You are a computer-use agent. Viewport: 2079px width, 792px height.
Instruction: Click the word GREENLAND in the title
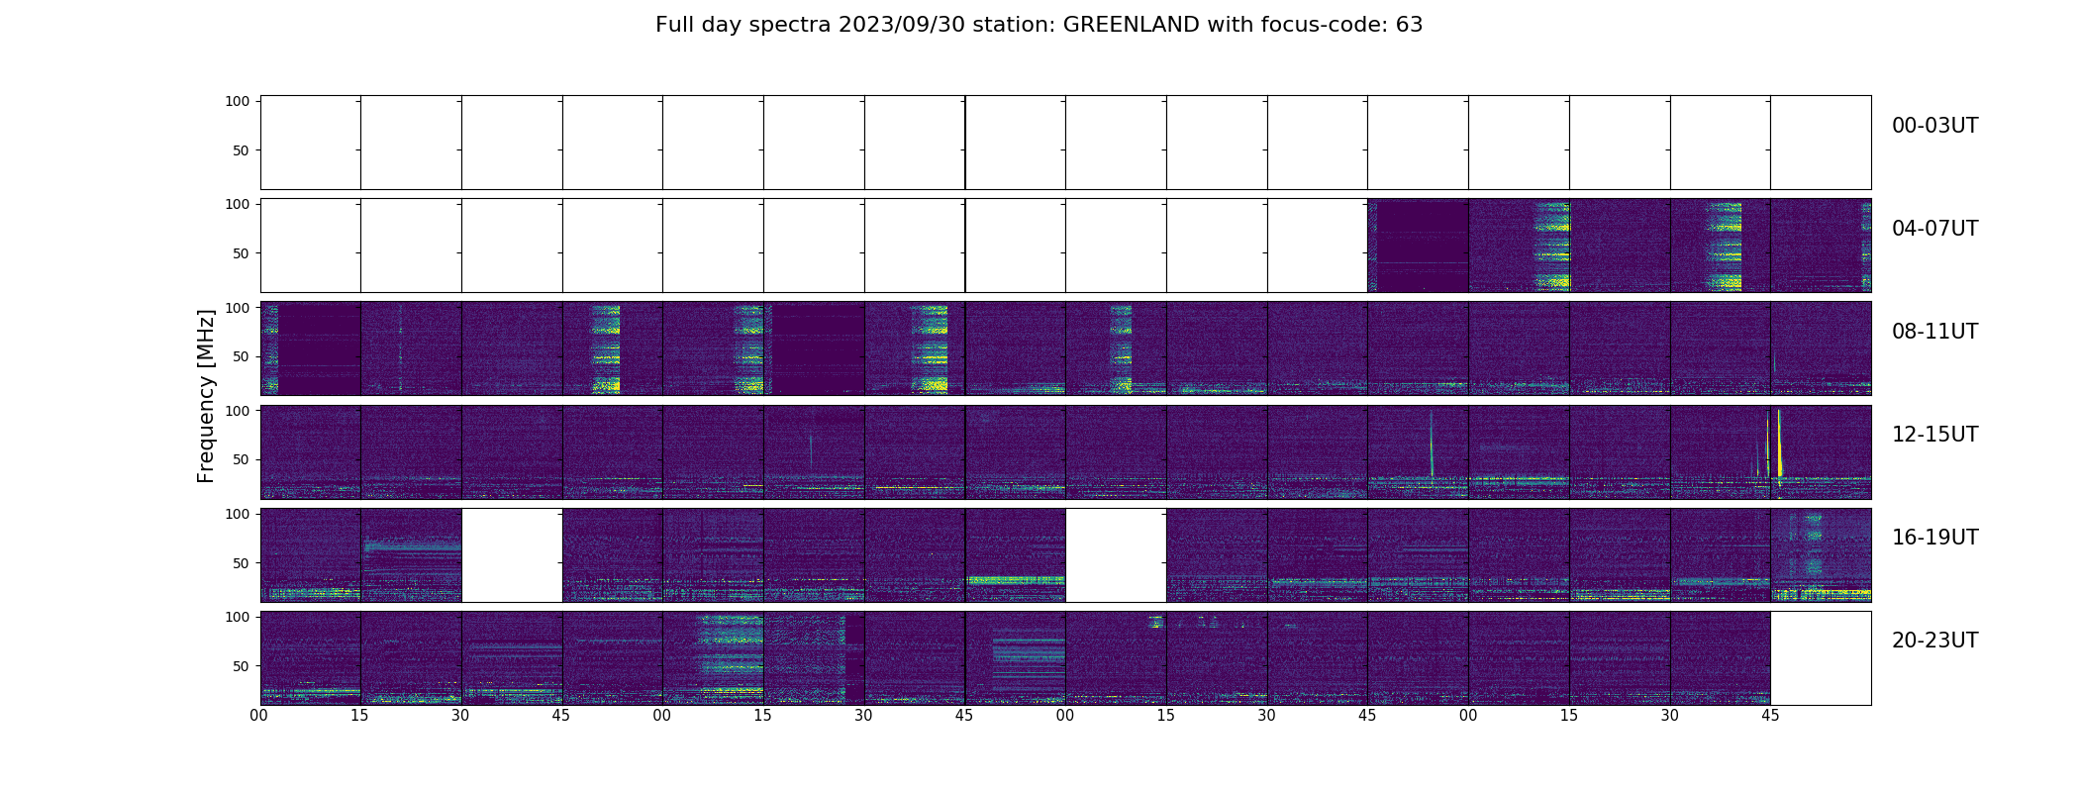point(1132,25)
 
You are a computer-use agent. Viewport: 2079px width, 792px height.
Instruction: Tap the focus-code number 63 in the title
point(1409,25)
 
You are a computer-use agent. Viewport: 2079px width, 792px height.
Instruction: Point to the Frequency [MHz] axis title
point(206,396)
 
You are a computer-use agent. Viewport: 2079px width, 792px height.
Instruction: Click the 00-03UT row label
point(1934,126)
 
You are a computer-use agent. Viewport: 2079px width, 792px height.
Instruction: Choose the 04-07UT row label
point(1934,229)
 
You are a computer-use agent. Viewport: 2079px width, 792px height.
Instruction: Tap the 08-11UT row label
point(1934,332)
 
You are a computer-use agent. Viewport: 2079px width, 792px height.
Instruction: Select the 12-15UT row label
point(1934,435)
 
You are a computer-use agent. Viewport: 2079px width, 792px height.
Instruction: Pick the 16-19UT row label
point(1934,538)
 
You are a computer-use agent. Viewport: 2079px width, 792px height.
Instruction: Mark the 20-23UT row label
point(1934,641)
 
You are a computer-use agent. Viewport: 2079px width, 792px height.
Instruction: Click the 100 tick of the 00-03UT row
point(238,101)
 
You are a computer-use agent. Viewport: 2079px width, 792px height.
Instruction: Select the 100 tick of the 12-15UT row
point(238,410)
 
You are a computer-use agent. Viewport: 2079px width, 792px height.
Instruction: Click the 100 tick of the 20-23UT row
point(238,617)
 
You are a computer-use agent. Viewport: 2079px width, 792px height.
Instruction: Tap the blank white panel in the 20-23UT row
point(1820,657)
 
